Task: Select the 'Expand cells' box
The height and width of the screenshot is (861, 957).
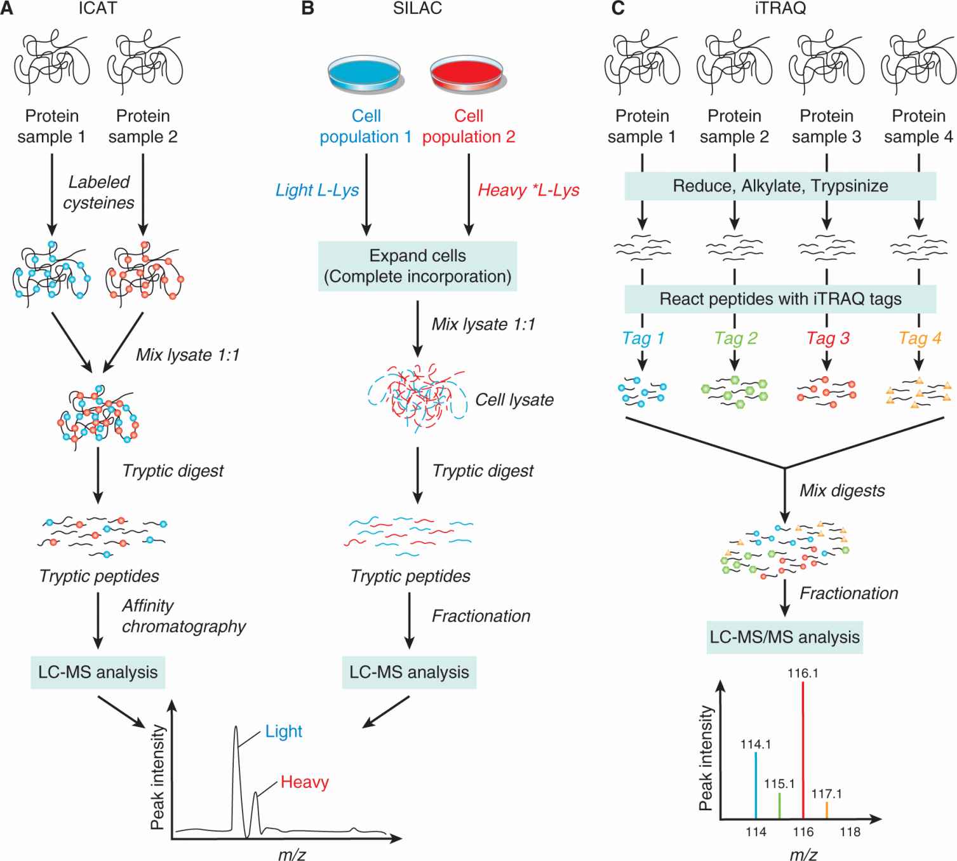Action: tap(417, 266)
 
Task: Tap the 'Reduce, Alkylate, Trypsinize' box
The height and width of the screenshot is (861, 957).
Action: tap(780, 186)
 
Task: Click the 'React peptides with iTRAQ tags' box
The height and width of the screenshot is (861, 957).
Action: tap(780, 299)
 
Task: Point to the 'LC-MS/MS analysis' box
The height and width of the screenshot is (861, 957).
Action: tap(785, 637)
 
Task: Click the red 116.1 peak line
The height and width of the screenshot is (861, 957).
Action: tap(803, 750)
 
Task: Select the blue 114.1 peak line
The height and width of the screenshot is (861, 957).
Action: tap(756, 785)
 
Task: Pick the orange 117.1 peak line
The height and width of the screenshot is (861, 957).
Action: tap(827, 810)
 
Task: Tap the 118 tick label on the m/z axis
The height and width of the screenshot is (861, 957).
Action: tap(850, 832)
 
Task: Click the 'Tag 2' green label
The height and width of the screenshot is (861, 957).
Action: tap(735, 338)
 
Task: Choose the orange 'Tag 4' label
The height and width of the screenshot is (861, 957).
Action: tap(919, 338)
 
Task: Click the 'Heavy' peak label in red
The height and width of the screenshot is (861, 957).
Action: tap(305, 782)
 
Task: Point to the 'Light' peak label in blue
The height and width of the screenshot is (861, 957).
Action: tap(284, 731)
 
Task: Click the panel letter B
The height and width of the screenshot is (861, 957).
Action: tap(307, 9)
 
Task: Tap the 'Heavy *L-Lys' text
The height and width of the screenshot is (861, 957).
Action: tap(528, 190)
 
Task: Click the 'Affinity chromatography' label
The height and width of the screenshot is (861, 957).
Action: tap(184, 616)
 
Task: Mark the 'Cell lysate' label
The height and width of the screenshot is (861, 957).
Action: tap(514, 400)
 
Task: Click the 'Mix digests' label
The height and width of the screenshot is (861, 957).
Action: tap(842, 491)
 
